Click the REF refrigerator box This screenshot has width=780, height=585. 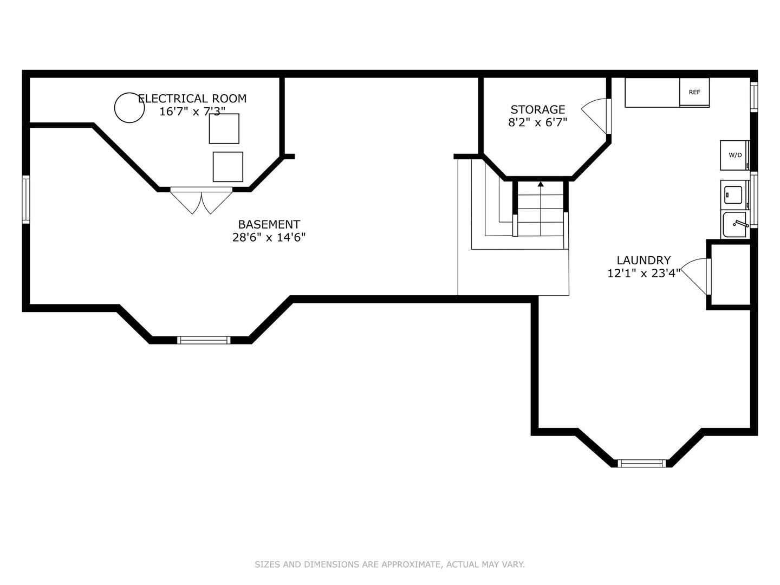click(x=694, y=92)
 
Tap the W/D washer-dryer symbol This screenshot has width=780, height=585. click(x=735, y=155)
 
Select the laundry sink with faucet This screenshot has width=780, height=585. click(x=735, y=224)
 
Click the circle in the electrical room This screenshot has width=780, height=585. click(x=129, y=108)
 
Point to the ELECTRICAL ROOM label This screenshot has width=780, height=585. click(x=192, y=99)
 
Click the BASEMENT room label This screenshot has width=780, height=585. click(x=269, y=224)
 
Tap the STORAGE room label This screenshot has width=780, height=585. click(x=538, y=109)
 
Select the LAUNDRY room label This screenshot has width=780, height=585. click(x=643, y=261)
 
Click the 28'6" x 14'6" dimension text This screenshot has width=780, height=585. click(x=269, y=237)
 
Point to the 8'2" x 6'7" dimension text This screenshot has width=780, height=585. click(x=538, y=122)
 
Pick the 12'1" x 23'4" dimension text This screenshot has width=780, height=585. click(x=643, y=273)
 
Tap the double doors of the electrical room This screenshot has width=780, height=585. click(x=201, y=200)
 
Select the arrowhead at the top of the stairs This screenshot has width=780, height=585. click(x=541, y=184)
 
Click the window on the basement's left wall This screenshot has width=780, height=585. click(x=26, y=200)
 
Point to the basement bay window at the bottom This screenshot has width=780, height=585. click(x=204, y=340)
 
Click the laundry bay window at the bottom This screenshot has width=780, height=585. click(x=642, y=463)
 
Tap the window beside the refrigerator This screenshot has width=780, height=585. click(x=753, y=97)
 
